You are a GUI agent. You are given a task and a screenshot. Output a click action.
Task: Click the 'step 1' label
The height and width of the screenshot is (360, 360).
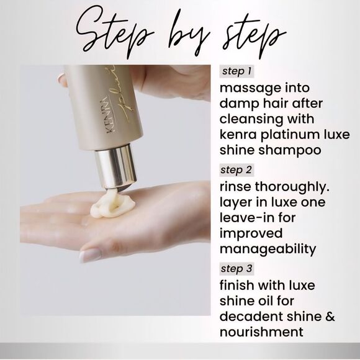click(x=236, y=71)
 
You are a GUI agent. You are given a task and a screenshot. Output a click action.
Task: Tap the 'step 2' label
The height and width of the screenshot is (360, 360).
click(x=236, y=170)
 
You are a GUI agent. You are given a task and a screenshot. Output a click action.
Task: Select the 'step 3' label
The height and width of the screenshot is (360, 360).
click(x=236, y=269)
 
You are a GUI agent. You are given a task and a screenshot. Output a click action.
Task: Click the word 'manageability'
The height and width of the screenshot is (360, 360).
click(x=268, y=250)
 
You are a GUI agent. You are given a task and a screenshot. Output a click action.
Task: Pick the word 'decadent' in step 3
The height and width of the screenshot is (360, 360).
click(x=251, y=317)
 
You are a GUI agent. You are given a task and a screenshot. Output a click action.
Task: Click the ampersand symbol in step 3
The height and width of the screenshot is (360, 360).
click(x=330, y=317)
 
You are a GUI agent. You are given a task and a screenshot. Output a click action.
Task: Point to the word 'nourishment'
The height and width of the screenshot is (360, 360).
click(x=261, y=332)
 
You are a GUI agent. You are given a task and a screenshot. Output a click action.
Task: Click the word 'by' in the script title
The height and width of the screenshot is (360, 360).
click(x=188, y=34)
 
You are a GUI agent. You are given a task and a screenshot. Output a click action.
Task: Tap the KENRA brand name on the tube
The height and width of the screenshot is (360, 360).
click(x=110, y=114)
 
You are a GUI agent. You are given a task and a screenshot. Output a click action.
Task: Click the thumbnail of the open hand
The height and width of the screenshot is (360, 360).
click(x=90, y=255)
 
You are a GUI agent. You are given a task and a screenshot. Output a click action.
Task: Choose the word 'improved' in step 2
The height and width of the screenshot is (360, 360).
click(x=251, y=234)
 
